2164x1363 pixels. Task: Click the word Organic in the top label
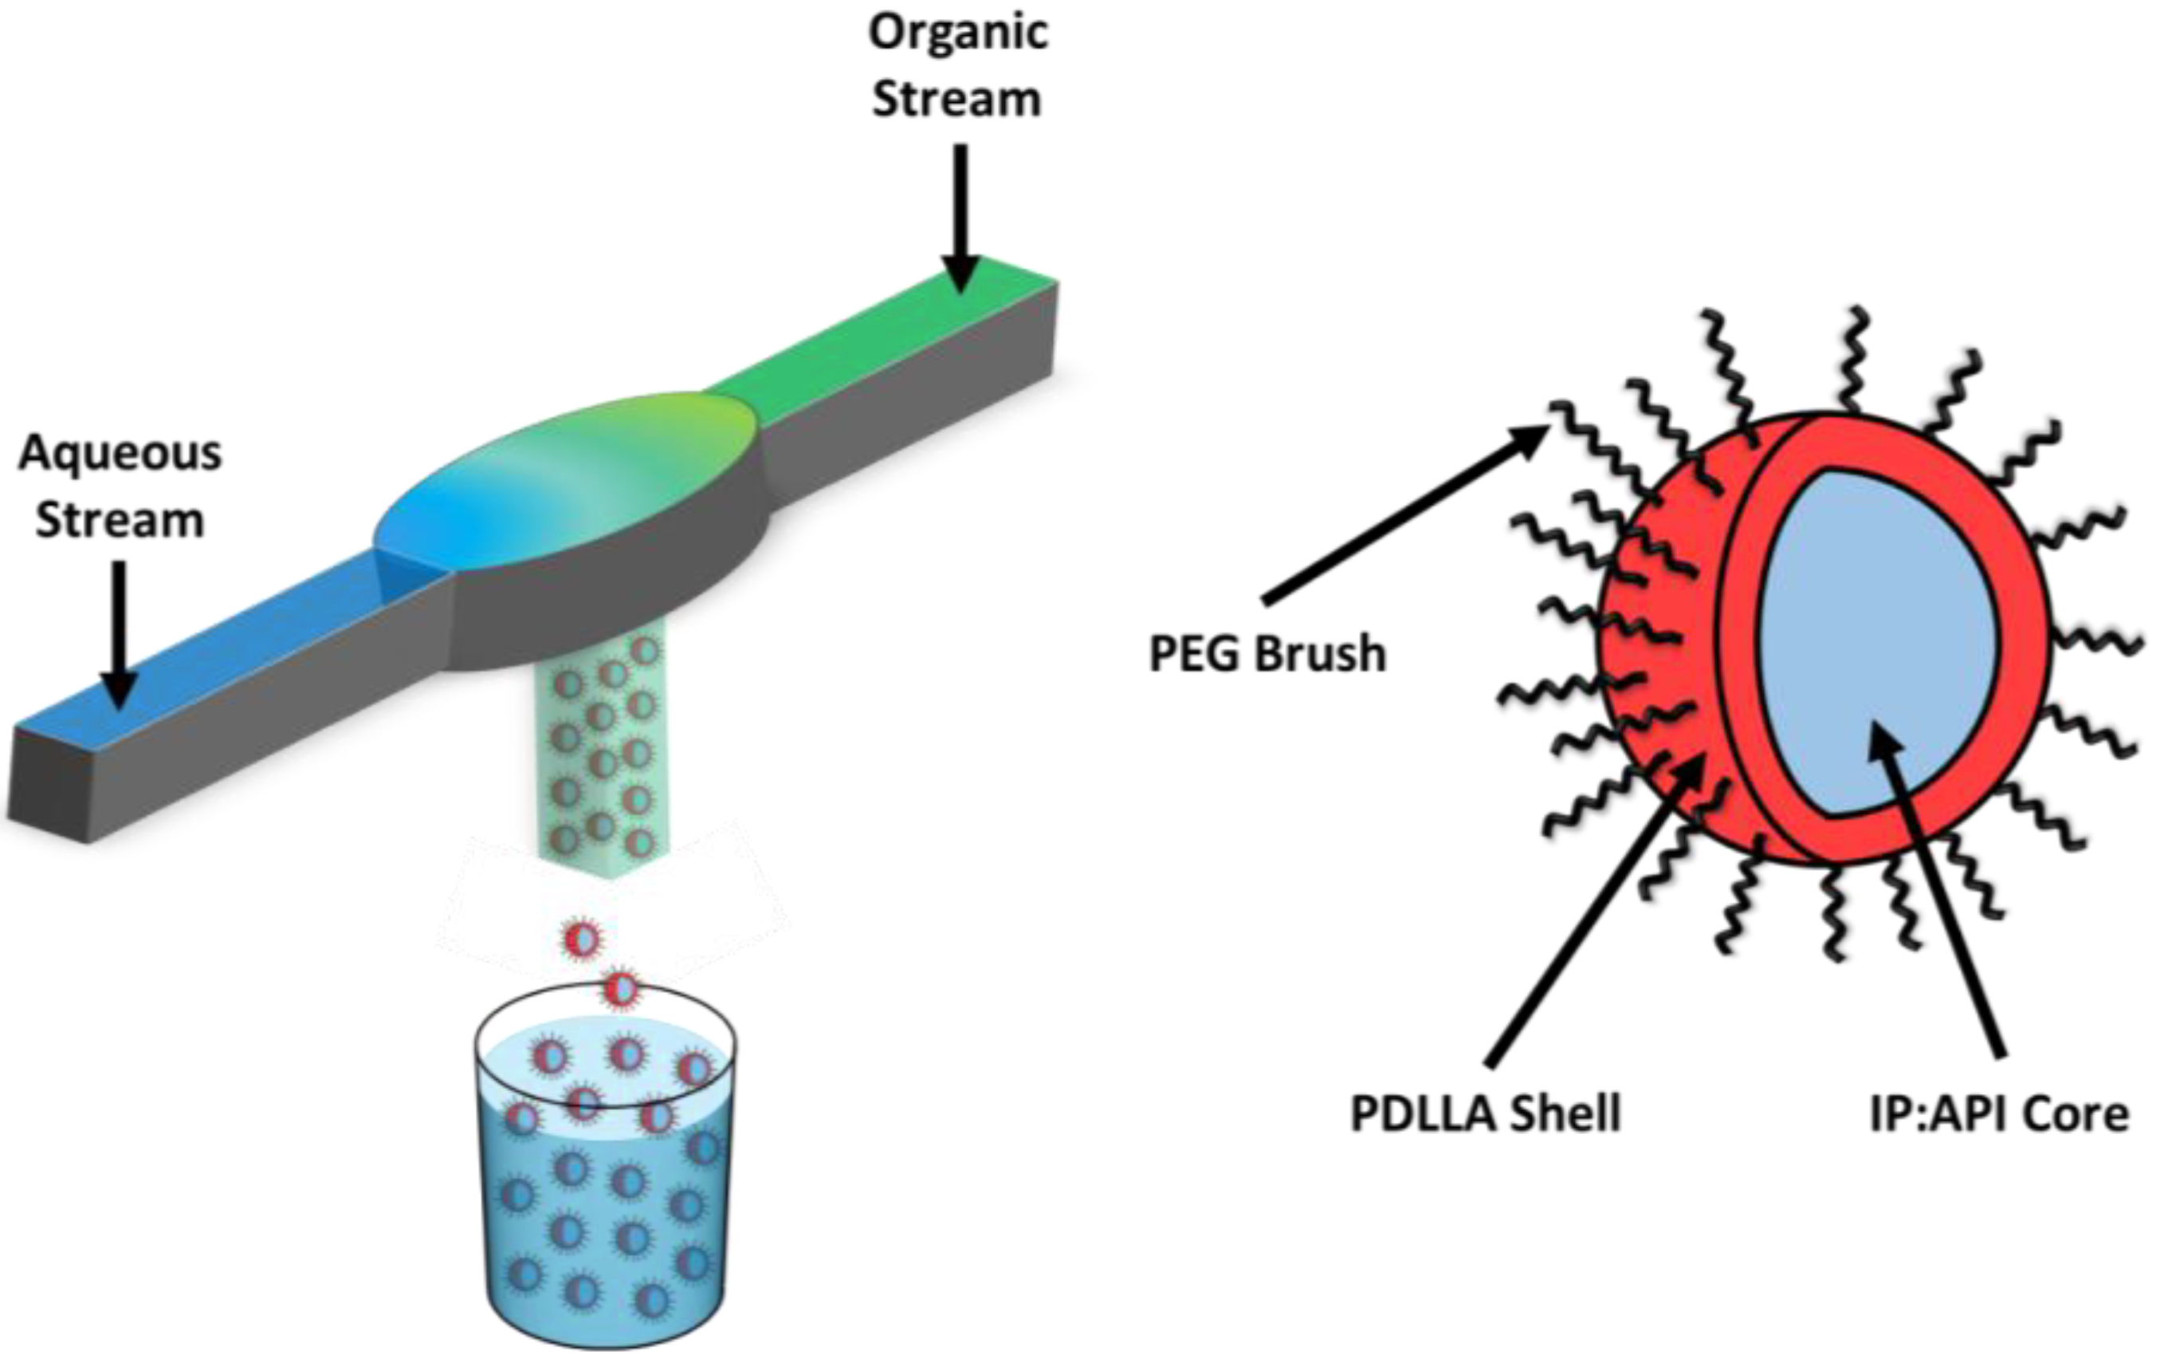958,34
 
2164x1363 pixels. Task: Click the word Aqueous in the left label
120,453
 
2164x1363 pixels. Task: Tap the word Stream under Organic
957,99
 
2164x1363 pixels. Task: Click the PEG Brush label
1268,654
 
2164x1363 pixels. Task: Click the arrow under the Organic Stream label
960,216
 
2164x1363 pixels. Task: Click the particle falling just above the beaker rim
620,989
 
